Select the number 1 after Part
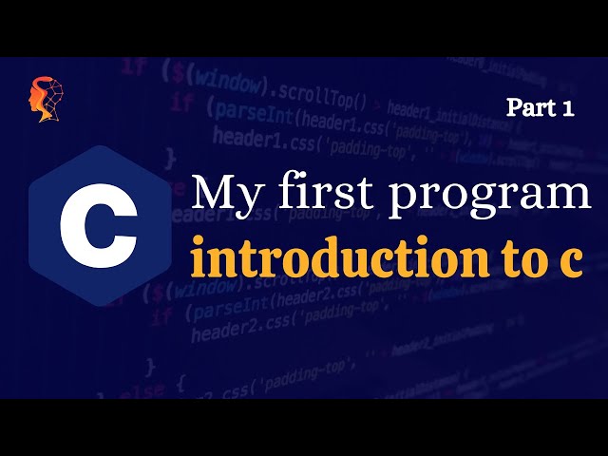(x=568, y=108)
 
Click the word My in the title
(x=224, y=195)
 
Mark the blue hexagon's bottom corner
(x=99, y=307)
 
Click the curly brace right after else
(x=179, y=385)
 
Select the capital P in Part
(x=514, y=108)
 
